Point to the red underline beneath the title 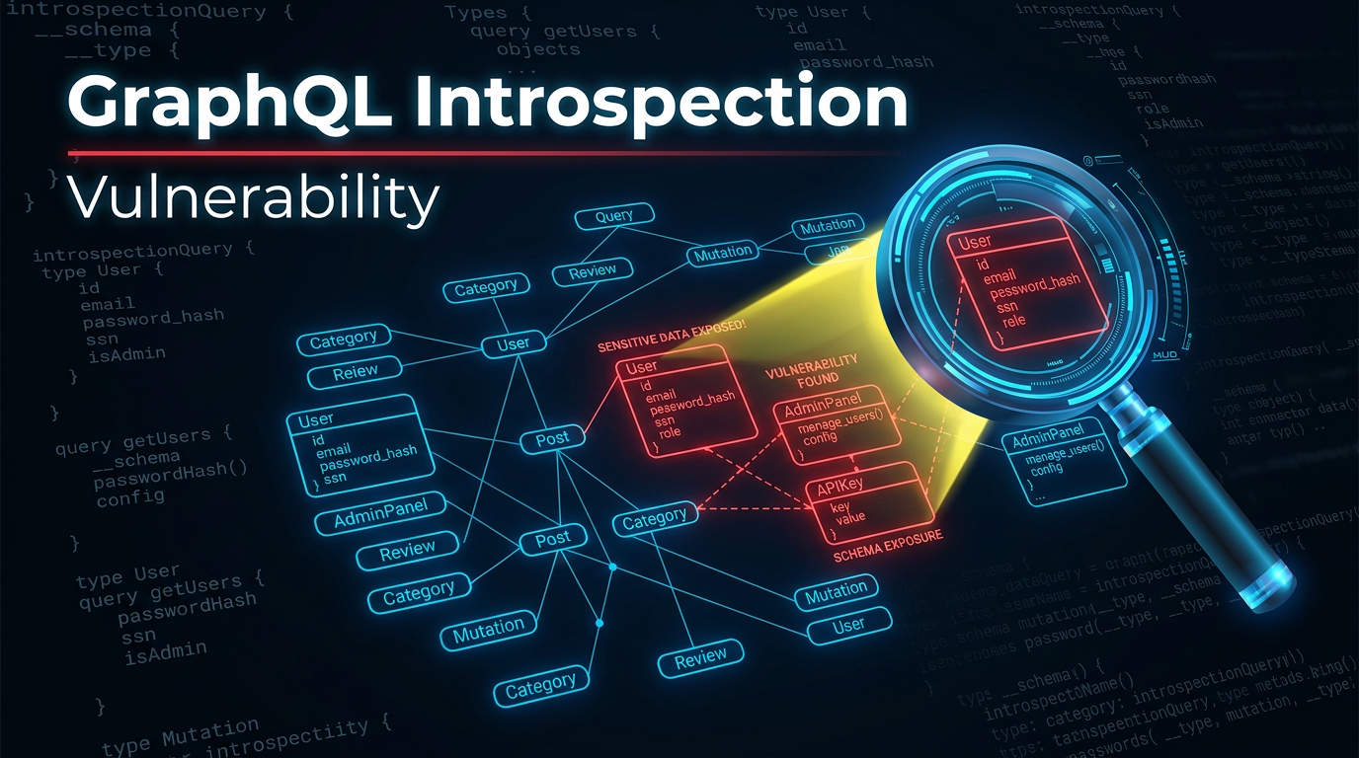point(484,153)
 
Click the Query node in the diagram point(614,216)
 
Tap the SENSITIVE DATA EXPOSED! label point(672,346)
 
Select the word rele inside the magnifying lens point(1013,321)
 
